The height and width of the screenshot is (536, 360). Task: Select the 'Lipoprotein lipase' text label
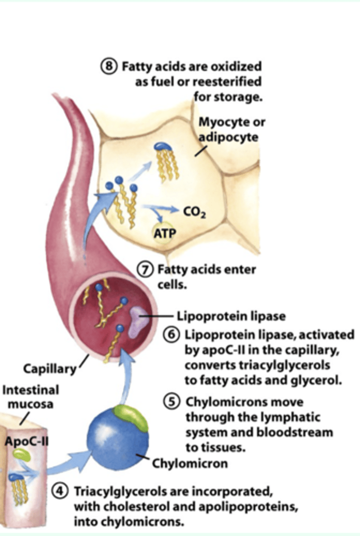pos(231,316)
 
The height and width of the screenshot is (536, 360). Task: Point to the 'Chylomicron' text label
pos(190,463)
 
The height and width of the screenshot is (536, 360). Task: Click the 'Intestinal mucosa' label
pos(30,397)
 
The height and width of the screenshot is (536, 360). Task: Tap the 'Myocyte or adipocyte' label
pos(228,129)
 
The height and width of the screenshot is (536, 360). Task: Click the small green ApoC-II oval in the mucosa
pos(21,455)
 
